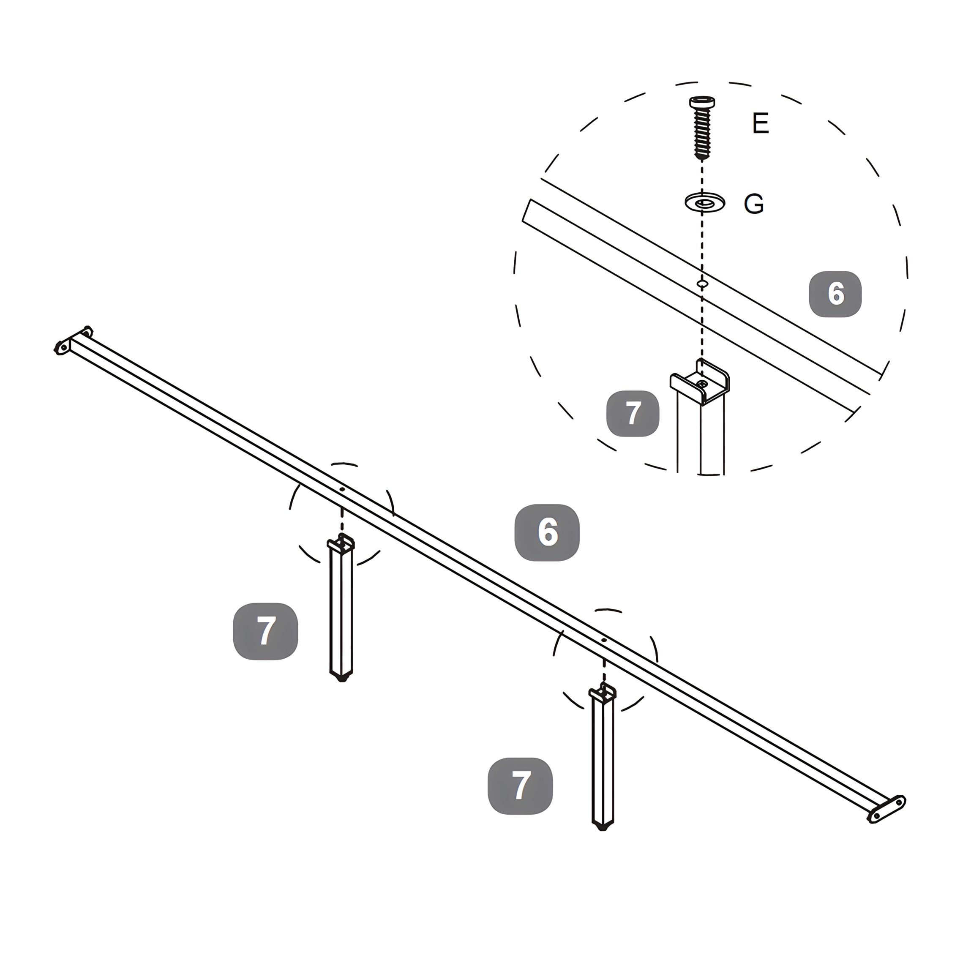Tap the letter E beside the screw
point(761,123)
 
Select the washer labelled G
point(705,202)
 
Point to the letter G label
point(754,204)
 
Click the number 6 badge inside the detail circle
point(835,294)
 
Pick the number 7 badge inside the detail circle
point(633,413)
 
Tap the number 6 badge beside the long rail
point(547,532)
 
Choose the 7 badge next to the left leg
point(265,631)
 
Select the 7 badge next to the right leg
point(520,786)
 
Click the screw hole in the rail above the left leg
point(342,488)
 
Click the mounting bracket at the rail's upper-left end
point(73,340)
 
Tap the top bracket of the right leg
point(603,693)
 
